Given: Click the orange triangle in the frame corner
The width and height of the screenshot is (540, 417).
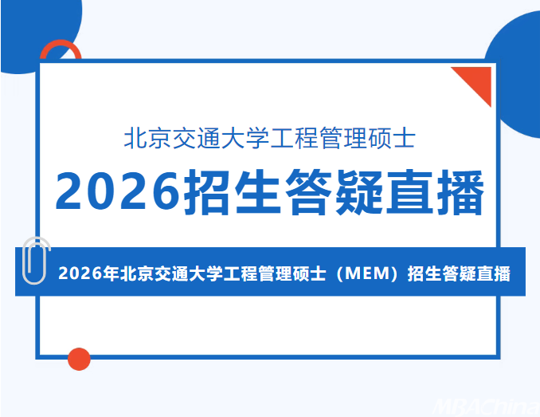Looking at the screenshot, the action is (479, 79).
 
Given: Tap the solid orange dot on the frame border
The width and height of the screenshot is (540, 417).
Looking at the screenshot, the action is (79, 359).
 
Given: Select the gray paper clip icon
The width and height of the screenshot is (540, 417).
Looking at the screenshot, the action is (35, 260).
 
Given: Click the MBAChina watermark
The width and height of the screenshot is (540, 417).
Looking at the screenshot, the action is (487, 407).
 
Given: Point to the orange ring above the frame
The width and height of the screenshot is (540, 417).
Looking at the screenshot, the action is (61, 43).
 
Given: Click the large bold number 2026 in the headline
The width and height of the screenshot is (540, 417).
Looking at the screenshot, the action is (118, 191).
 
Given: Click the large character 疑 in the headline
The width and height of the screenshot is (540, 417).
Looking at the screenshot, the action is (359, 192).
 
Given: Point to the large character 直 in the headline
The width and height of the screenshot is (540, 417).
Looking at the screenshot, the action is (409, 192).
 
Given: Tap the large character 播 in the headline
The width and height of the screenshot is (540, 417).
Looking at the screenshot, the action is (460, 192).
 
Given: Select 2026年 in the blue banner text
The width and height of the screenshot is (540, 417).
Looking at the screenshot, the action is (88, 273).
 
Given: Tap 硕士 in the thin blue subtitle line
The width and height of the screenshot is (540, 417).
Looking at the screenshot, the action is (392, 139).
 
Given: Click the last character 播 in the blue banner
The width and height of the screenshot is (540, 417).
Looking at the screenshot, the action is (502, 273).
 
